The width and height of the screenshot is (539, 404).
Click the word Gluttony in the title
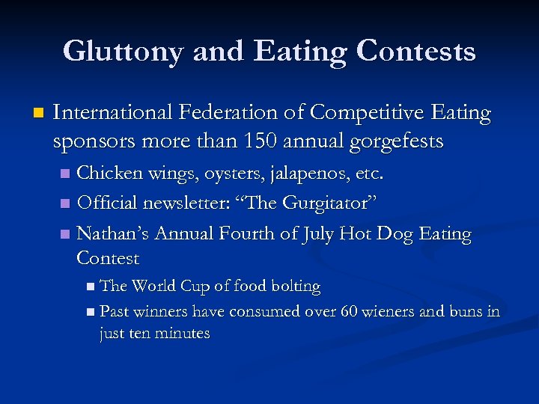[x=123, y=52]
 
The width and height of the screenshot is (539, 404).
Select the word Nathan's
[x=113, y=233]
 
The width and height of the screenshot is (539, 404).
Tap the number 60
[x=348, y=310]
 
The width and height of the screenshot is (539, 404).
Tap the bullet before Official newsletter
[x=65, y=203]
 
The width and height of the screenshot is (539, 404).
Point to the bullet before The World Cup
[x=90, y=287]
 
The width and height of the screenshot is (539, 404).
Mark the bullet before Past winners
[x=90, y=311]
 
